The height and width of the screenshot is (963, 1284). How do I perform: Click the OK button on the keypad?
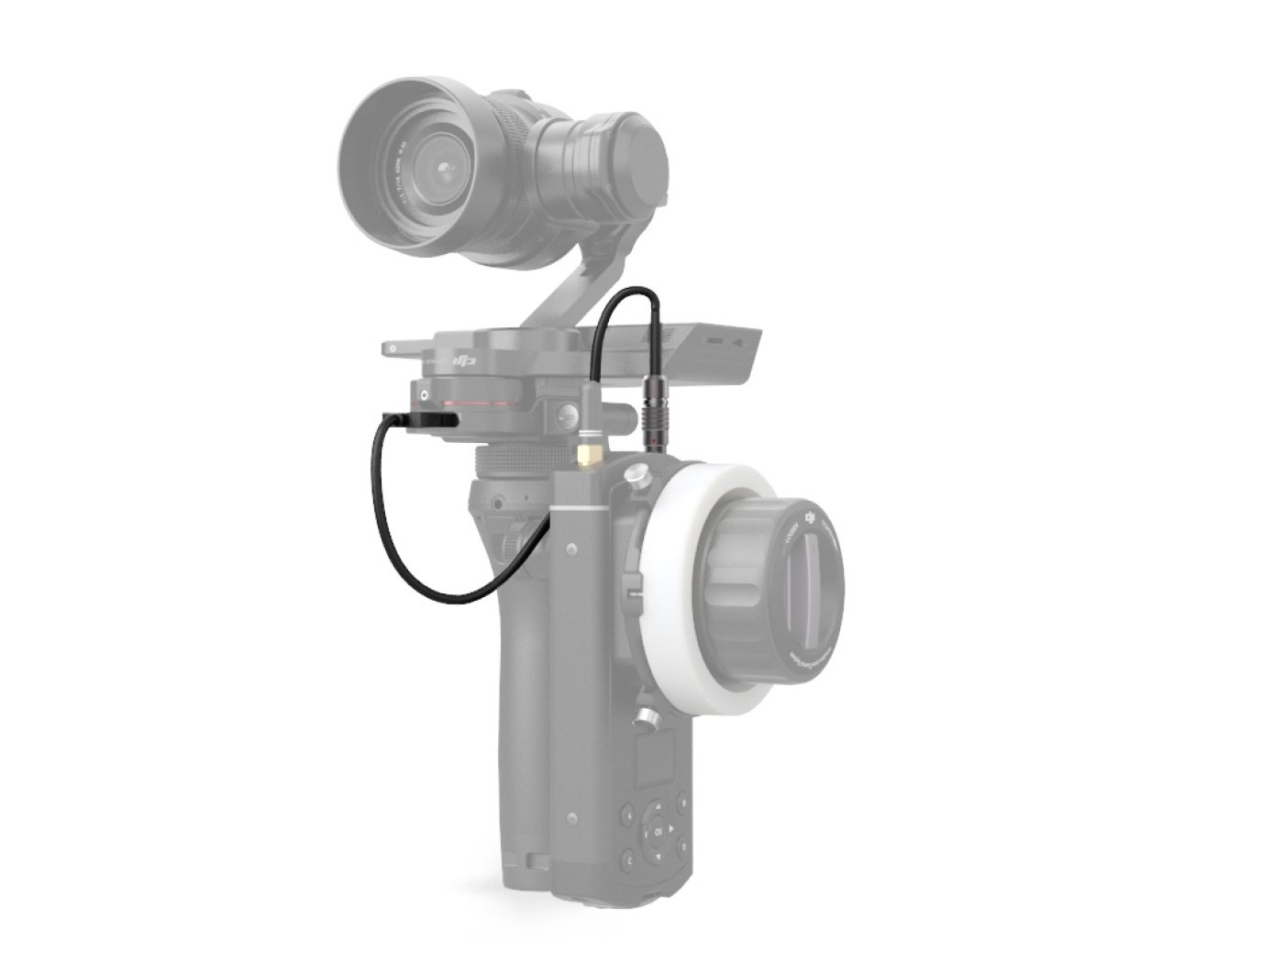point(659,832)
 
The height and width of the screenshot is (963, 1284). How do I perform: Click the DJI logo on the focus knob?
point(809,520)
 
